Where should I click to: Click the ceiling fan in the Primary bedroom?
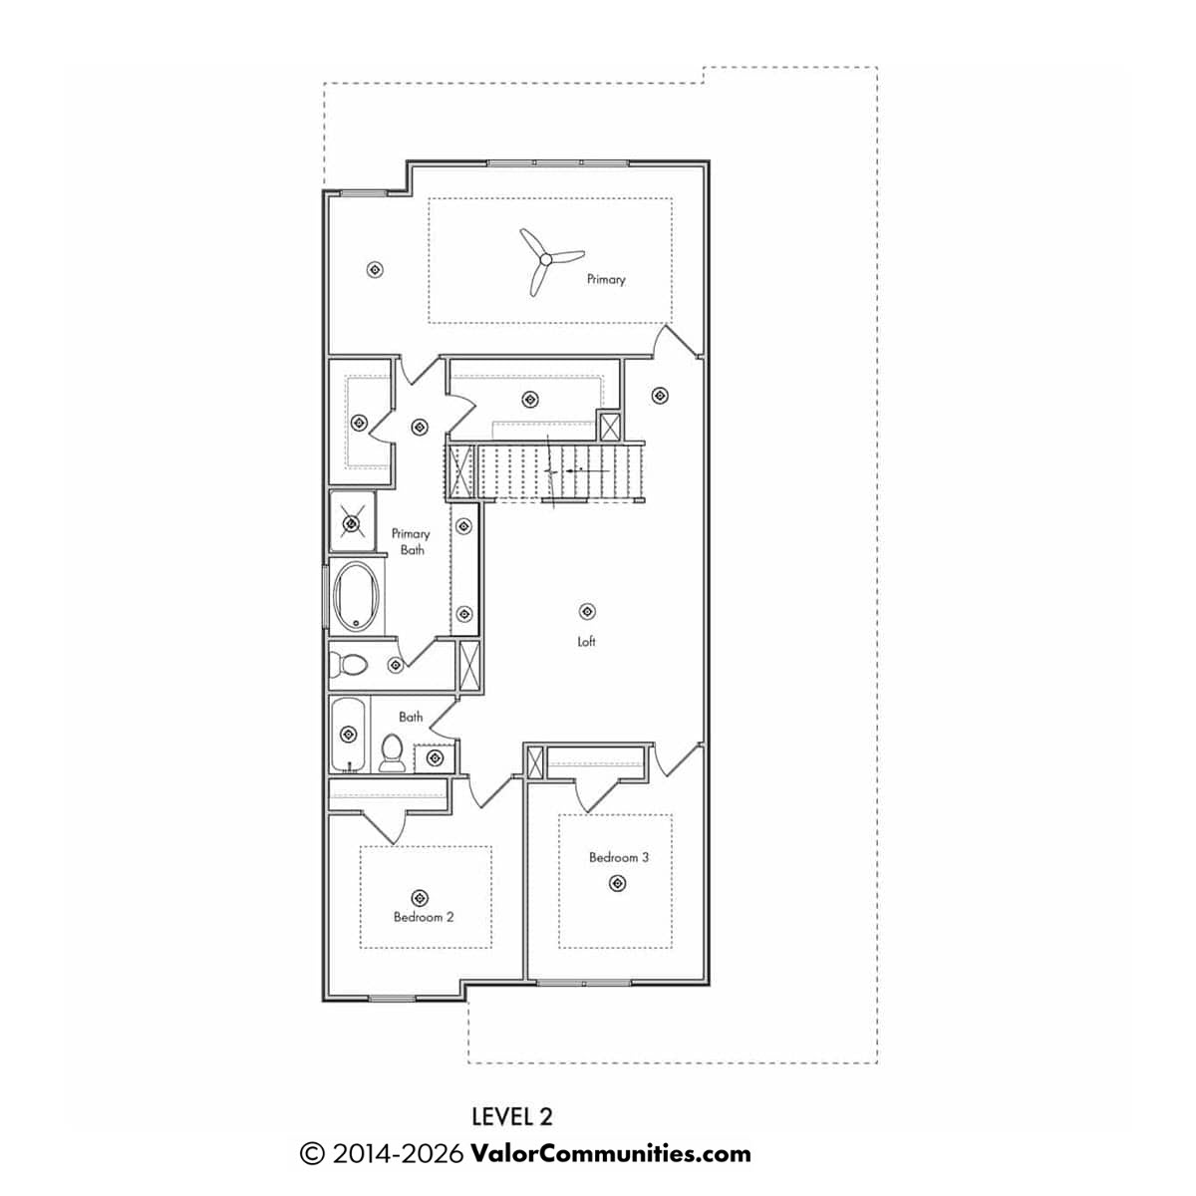click(545, 258)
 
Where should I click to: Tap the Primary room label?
click(606, 279)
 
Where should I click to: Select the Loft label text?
click(586, 641)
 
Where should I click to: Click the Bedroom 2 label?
click(424, 917)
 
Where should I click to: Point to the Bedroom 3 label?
click(619, 857)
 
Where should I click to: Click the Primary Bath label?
click(411, 541)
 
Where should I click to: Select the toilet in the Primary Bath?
click(348, 666)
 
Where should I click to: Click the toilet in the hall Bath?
click(391, 752)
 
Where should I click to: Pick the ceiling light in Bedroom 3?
click(617, 883)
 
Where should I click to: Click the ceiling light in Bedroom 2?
click(421, 897)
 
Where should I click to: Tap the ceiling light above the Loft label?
click(587, 611)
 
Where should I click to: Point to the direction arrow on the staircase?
click(586, 470)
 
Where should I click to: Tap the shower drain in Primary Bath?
click(352, 524)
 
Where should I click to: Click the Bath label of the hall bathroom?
click(411, 717)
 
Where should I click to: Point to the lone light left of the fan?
click(375, 269)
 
